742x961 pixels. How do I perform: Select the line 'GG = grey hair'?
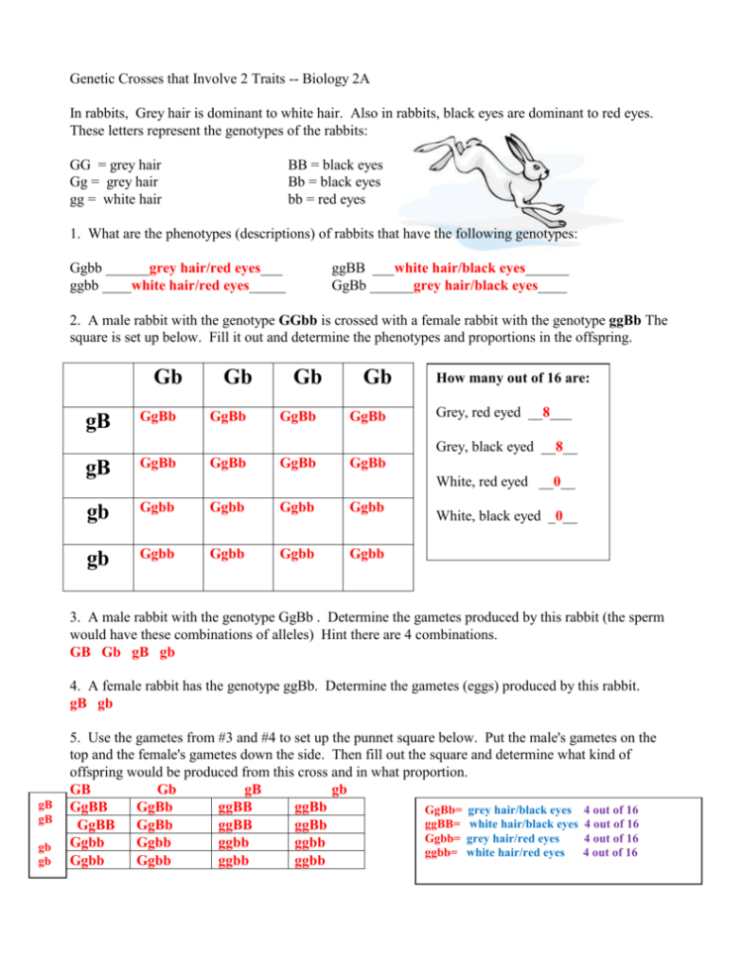click(115, 165)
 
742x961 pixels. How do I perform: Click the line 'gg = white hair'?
click(116, 199)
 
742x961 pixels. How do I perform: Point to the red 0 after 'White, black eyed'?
click(561, 515)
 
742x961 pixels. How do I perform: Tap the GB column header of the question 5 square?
click(82, 789)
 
